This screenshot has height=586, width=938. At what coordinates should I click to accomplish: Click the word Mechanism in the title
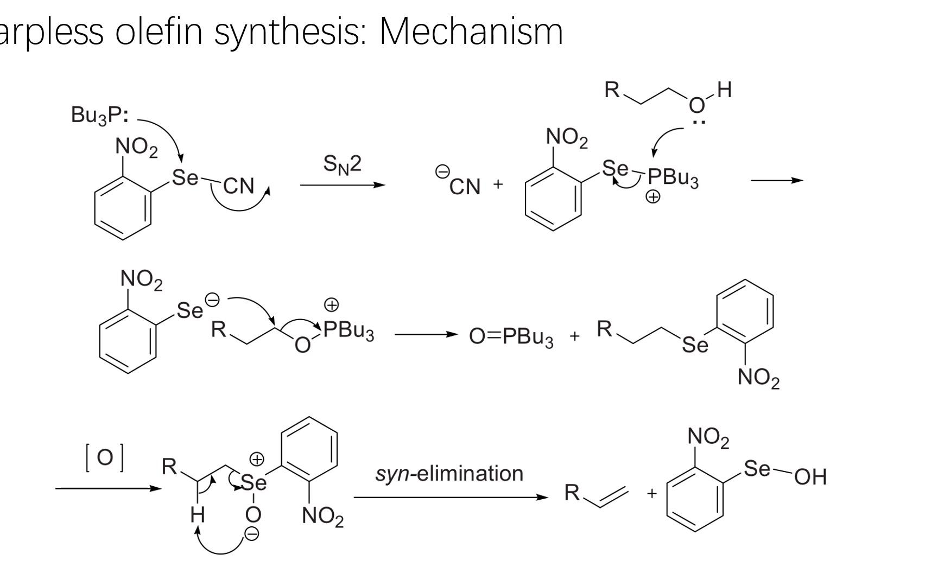pyautogui.click(x=471, y=31)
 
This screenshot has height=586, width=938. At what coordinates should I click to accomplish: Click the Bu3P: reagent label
pyautogui.click(x=100, y=115)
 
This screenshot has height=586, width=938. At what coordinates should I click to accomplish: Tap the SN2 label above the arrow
pyautogui.click(x=342, y=164)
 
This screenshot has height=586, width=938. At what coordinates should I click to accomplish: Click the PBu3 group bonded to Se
pyautogui.click(x=673, y=177)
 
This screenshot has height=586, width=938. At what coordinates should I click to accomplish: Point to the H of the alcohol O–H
pyautogui.click(x=725, y=90)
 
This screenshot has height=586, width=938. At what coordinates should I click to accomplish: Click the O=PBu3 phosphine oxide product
pyautogui.click(x=511, y=336)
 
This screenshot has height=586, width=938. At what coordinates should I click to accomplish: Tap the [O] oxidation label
pyautogui.click(x=104, y=457)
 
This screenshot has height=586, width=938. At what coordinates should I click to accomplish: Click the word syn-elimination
pyautogui.click(x=449, y=474)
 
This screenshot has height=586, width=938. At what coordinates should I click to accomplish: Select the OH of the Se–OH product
pyautogui.click(x=810, y=476)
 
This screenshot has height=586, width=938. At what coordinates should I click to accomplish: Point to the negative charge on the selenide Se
pyautogui.click(x=212, y=300)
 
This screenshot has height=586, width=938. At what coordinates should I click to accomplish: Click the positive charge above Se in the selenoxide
pyautogui.click(x=256, y=460)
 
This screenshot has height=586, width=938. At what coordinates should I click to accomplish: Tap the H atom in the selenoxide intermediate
pyautogui.click(x=198, y=514)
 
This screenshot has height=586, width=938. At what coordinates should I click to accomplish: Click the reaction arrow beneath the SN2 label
pyautogui.click(x=342, y=185)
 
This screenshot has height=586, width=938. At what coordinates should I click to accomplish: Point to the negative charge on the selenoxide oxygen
pyautogui.click(x=252, y=534)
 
